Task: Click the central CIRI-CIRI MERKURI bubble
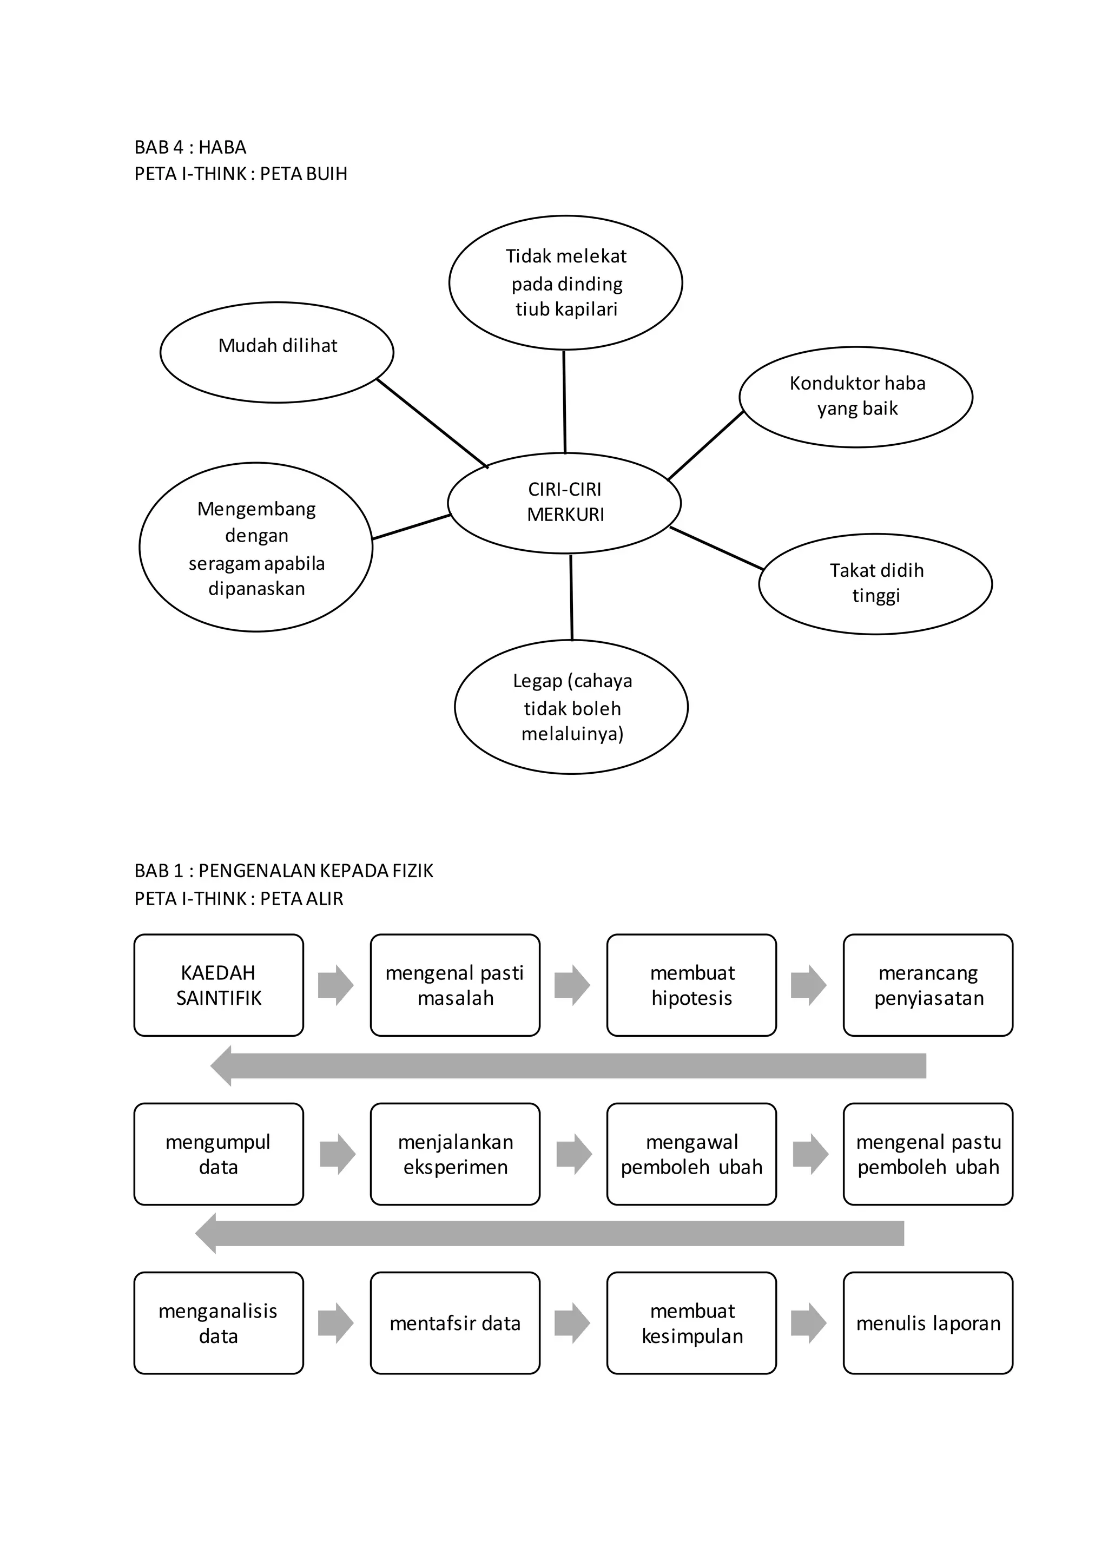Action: point(564,503)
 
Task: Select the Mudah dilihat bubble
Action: point(277,352)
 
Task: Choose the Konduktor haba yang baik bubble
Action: point(856,397)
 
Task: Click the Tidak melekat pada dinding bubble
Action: point(565,282)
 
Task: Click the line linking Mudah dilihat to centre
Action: point(433,423)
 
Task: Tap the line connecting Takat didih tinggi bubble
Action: point(716,548)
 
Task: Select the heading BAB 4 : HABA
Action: point(190,147)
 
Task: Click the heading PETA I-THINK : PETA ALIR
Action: point(239,898)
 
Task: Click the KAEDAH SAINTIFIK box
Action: point(219,985)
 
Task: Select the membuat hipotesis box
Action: point(692,985)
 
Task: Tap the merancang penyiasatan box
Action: point(928,985)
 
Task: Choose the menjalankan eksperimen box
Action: point(455,1154)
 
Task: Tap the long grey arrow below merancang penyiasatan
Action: point(568,1065)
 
